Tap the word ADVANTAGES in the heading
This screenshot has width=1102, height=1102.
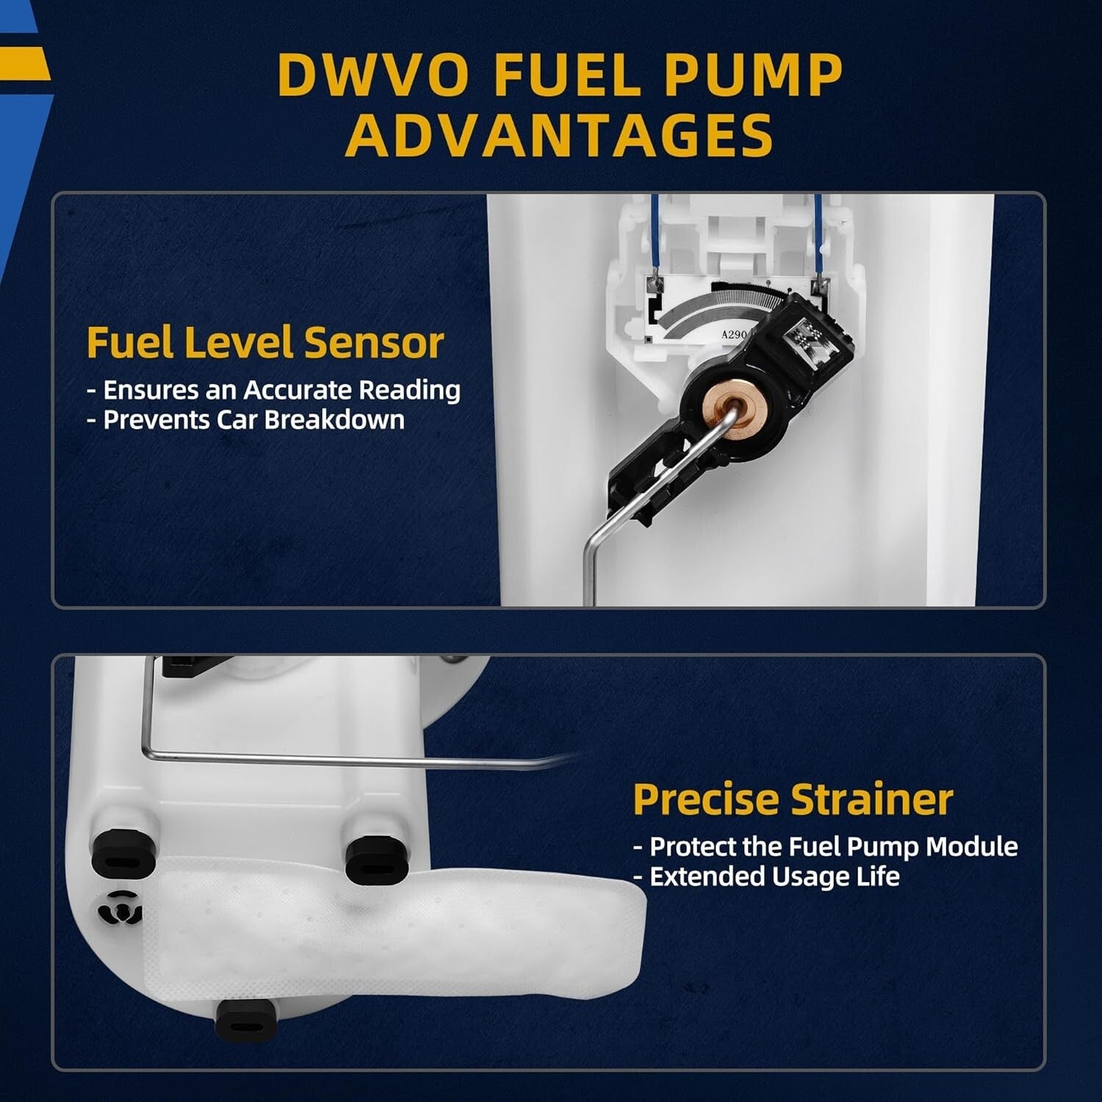(x=559, y=136)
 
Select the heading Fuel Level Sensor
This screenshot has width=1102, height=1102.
(x=265, y=342)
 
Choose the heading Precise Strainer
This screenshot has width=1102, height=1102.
(x=793, y=799)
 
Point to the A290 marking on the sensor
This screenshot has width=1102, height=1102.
(x=734, y=335)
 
